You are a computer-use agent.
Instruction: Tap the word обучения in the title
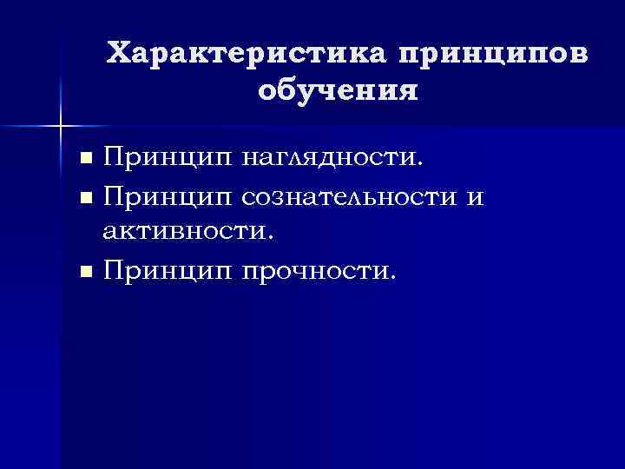click(339, 90)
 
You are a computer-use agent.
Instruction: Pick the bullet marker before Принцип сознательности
click(85, 199)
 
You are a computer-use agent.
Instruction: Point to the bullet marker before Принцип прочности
click(85, 273)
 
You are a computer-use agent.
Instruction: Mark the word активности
click(187, 234)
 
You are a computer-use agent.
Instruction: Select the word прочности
click(316, 271)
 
